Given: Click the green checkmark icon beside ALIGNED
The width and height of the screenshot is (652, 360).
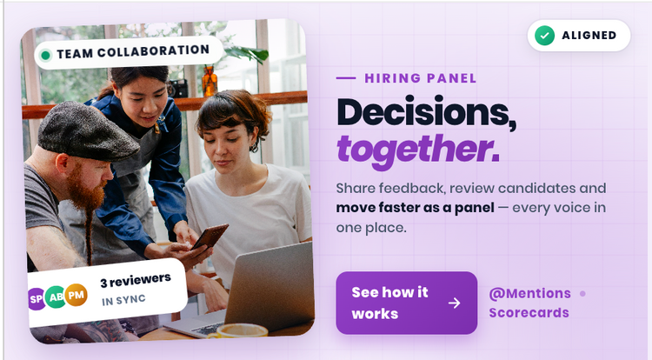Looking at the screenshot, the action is pyautogui.click(x=544, y=36).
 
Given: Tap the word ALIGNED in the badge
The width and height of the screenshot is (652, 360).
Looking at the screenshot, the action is pyautogui.click(x=589, y=36).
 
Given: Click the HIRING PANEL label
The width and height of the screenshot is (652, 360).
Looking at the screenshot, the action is pyautogui.click(x=421, y=78).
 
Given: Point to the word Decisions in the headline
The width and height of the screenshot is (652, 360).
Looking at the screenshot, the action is pyautogui.click(x=426, y=113).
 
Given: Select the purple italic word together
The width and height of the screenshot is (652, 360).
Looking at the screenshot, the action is pyautogui.click(x=417, y=150).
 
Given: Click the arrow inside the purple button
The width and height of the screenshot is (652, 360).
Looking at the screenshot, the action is pyautogui.click(x=455, y=303).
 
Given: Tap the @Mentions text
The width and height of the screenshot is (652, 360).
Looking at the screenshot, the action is pyautogui.click(x=529, y=294).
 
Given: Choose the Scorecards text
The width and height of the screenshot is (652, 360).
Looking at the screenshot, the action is pyautogui.click(x=529, y=313).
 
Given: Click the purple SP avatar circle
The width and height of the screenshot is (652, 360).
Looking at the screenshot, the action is pyautogui.click(x=36, y=299).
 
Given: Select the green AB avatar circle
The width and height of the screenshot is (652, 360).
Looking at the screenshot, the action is pyautogui.click(x=56, y=297).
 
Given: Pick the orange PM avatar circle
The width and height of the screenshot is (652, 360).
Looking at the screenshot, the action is pyautogui.click(x=77, y=295).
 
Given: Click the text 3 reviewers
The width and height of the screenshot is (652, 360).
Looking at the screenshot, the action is pyautogui.click(x=135, y=280).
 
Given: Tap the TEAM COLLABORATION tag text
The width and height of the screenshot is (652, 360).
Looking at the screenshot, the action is pyautogui.click(x=133, y=51).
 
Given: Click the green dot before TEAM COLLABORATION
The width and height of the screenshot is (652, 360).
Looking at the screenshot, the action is pyautogui.click(x=45, y=55).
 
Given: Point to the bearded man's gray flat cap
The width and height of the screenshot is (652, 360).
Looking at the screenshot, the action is pyautogui.click(x=88, y=131).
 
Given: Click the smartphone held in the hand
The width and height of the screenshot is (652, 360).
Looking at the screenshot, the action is pyautogui.click(x=210, y=237).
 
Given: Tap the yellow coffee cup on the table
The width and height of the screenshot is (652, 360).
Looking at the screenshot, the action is pyautogui.click(x=238, y=330).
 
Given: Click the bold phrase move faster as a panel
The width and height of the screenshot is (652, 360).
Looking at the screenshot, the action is pyautogui.click(x=415, y=208).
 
